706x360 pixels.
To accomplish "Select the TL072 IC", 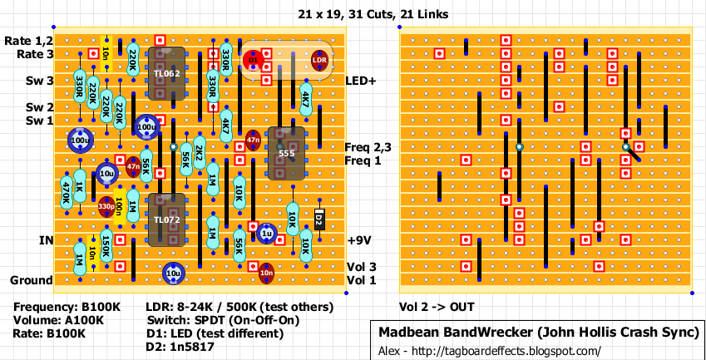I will [167, 219].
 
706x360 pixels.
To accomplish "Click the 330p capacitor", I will [106, 206].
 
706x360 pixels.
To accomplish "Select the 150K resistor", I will [106, 247].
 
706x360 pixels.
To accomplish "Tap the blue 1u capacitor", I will [266, 234].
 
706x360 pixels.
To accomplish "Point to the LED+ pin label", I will [362, 81].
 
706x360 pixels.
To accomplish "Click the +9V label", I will [358, 240].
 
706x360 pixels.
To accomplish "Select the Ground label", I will [31, 280].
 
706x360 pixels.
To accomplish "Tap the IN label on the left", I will [46, 240].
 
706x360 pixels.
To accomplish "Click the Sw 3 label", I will [39, 81].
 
